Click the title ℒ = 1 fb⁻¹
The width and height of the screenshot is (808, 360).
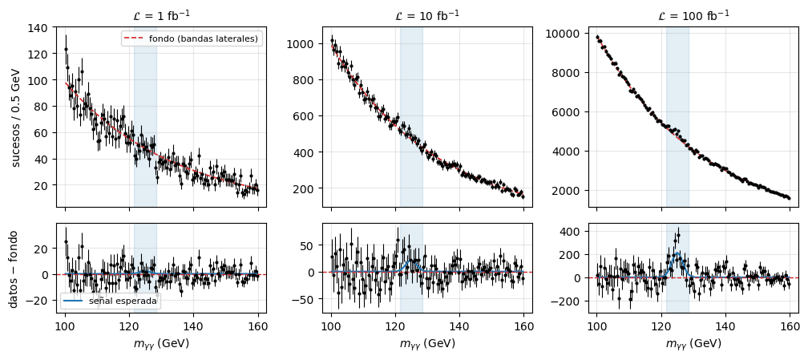(161, 15)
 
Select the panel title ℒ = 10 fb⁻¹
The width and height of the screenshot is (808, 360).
(427, 15)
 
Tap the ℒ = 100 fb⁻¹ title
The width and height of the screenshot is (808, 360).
(693, 15)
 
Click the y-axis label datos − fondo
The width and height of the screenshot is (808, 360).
(16, 269)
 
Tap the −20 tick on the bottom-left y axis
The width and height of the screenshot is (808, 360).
(40, 301)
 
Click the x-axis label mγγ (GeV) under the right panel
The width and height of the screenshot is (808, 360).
(693, 343)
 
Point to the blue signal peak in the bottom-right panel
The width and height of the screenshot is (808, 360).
(677, 253)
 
